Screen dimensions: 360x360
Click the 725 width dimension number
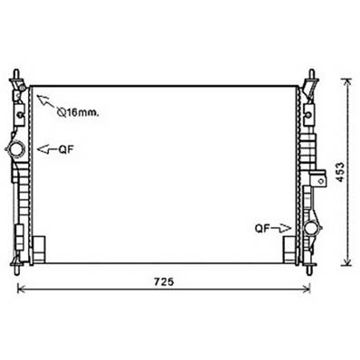pos(165,282)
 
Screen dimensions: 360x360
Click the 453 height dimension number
pos(340,172)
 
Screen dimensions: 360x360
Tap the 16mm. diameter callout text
pos(78,113)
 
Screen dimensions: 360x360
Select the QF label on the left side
pos(66,149)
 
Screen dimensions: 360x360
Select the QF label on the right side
pos(262,228)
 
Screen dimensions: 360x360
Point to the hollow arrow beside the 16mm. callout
pos(45,101)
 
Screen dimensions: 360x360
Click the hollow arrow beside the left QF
pos(47,149)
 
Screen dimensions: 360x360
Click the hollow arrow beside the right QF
pos(281,229)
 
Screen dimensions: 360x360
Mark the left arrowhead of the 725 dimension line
pos(21,289)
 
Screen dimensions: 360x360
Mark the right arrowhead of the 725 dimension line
pos(308,289)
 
